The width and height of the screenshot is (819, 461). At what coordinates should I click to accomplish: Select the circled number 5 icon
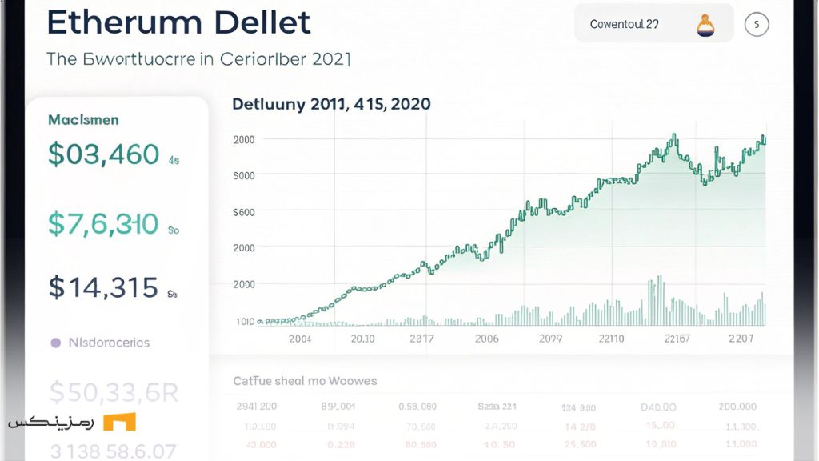pyautogui.click(x=756, y=25)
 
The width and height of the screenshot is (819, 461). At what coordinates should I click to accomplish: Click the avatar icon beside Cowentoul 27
pyautogui.click(x=705, y=25)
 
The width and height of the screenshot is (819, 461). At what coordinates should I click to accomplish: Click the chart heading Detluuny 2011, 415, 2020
pyautogui.click(x=331, y=104)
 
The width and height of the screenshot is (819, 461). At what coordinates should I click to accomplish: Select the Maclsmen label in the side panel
pyautogui.click(x=83, y=120)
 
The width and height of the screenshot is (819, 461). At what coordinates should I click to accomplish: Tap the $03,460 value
pyautogui.click(x=103, y=154)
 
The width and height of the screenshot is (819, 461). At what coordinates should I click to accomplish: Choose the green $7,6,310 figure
pyautogui.click(x=103, y=225)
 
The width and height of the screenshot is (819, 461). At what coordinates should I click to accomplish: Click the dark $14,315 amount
pyautogui.click(x=103, y=287)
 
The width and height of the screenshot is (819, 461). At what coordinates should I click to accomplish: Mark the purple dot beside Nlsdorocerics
pyautogui.click(x=55, y=343)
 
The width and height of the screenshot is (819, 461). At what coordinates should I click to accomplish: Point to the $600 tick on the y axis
pyautogui.click(x=243, y=212)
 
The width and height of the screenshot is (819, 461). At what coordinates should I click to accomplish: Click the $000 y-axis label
pyautogui.click(x=243, y=175)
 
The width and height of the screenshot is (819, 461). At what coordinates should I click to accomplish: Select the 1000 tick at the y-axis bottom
pyautogui.click(x=245, y=321)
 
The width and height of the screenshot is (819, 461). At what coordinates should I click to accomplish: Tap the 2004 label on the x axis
pyautogui.click(x=299, y=339)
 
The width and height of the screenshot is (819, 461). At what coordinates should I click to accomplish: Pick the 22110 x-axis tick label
pyautogui.click(x=612, y=339)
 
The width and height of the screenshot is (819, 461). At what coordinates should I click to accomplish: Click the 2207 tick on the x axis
pyautogui.click(x=741, y=339)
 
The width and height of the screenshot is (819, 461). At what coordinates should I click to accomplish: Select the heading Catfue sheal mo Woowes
pyautogui.click(x=305, y=381)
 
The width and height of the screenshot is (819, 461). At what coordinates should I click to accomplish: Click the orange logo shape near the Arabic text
pyautogui.click(x=119, y=422)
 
